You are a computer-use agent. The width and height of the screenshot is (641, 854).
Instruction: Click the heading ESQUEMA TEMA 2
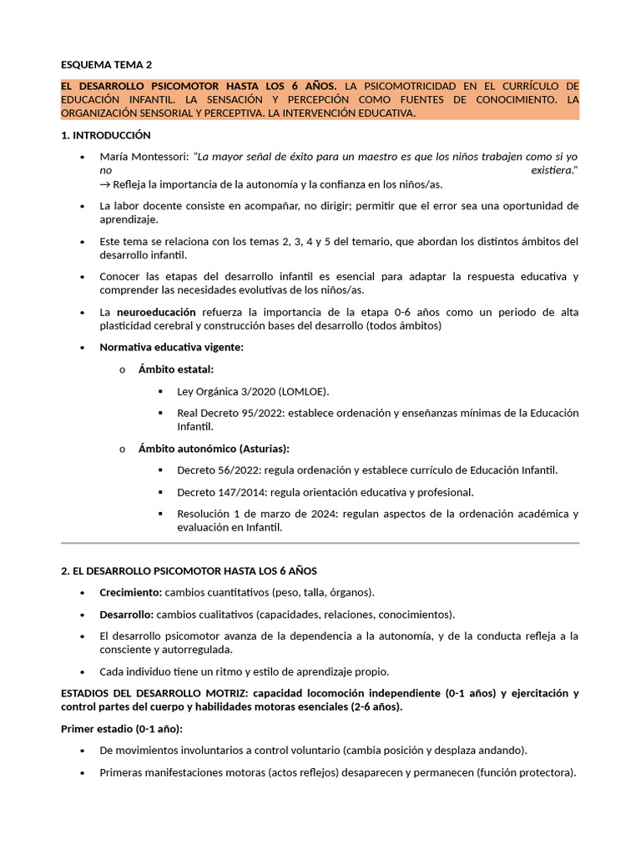[x=107, y=64]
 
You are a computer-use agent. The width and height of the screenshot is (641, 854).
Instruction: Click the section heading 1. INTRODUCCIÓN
[x=106, y=135]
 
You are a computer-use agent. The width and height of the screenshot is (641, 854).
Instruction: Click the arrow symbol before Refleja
[x=105, y=184]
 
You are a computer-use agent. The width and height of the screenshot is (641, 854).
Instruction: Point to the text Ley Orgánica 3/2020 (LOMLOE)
[x=253, y=391]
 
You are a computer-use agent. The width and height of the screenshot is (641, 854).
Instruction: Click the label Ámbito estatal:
[x=176, y=369]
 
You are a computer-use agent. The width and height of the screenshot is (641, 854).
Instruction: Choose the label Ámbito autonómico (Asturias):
[x=214, y=449]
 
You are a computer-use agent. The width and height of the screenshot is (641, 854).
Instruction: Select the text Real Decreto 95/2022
[x=230, y=413]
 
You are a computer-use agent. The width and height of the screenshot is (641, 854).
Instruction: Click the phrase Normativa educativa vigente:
[x=171, y=347]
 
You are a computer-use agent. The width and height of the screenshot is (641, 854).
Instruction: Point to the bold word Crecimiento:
[x=130, y=592]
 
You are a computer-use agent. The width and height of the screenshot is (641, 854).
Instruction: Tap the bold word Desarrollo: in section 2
[x=126, y=615]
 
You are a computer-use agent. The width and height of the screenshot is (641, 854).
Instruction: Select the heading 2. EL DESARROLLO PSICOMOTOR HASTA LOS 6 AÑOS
[x=189, y=570]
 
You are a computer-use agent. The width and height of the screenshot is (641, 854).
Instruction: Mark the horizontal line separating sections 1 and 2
[x=320, y=543]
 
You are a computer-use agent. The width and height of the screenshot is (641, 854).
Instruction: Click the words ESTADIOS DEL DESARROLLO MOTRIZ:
[x=154, y=693]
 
